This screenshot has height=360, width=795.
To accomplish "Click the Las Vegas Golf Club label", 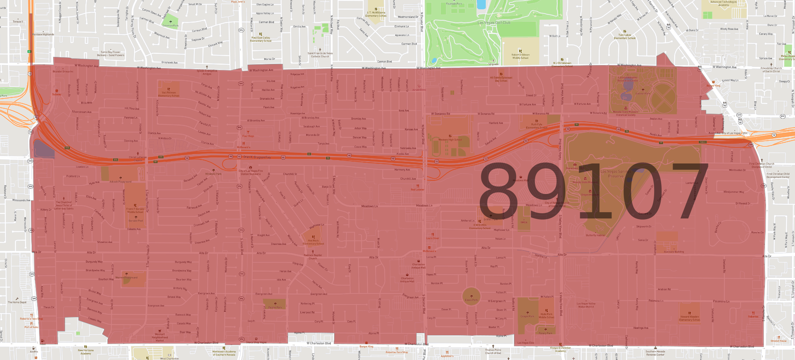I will pos(494,23).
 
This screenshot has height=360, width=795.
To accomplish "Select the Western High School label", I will pos(450,140).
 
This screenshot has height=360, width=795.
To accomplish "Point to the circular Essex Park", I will pos(471,297).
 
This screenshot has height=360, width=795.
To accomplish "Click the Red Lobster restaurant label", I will pos(417,189).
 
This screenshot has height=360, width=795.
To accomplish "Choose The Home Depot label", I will pos(17,302).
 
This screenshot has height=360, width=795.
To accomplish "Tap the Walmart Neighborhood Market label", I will pos(160,337).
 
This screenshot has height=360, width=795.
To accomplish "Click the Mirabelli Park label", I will pos(213,174).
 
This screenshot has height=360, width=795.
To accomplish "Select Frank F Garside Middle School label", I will pos(135,210).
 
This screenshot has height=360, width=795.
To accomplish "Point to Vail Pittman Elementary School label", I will pos(169,94).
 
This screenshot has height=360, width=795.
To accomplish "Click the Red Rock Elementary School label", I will pos(313,242).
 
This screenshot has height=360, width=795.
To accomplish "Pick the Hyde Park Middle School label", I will pos(546,315).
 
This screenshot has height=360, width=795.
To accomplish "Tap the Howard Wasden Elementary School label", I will pos(689,318).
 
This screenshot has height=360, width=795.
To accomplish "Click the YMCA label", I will pos(524,222).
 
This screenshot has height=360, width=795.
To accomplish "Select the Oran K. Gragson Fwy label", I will pos(257,157).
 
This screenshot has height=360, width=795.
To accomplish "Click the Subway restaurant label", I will pos(56,94).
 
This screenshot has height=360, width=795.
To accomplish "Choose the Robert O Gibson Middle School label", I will pos(520,56).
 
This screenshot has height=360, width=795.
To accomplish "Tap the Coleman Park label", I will pos(170,26).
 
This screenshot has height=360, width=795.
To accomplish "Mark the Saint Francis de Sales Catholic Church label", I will pos(320,55).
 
